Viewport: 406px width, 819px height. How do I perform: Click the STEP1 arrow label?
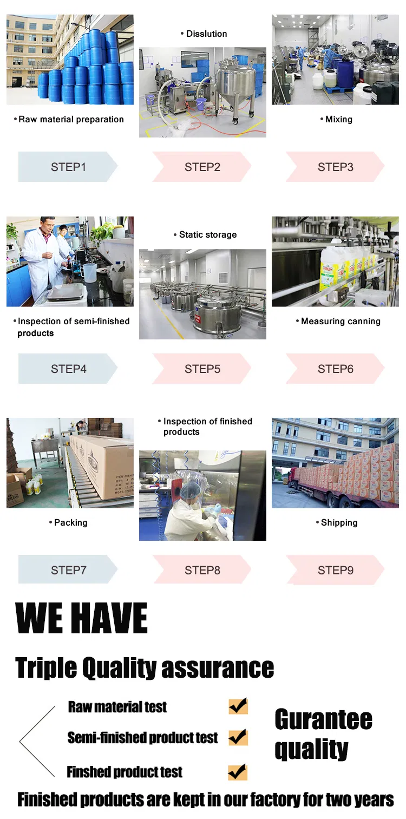pyautogui.click(x=68, y=167)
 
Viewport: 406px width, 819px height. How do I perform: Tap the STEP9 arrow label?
pyautogui.click(x=335, y=570)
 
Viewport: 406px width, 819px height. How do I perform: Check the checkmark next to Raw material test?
pyautogui.click(x=238, y=706)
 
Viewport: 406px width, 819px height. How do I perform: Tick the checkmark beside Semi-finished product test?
pyautogui.click(x=238, y=737)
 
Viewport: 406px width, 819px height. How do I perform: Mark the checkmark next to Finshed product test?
pyautogui.click(x=238, y=771)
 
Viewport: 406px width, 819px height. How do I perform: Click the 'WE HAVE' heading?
pyautogui.click(x=82, y=618)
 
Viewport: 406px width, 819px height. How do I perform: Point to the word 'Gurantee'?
pyautogui.click(x=323, y=719)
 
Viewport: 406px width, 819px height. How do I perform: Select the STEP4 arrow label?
pyautogui.click(x=68, y=369)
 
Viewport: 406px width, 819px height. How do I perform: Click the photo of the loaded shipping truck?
pyautogui.click(x=335, y=463)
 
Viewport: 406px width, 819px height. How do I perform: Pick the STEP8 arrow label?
pyautogui.click(x=202, y=570)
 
